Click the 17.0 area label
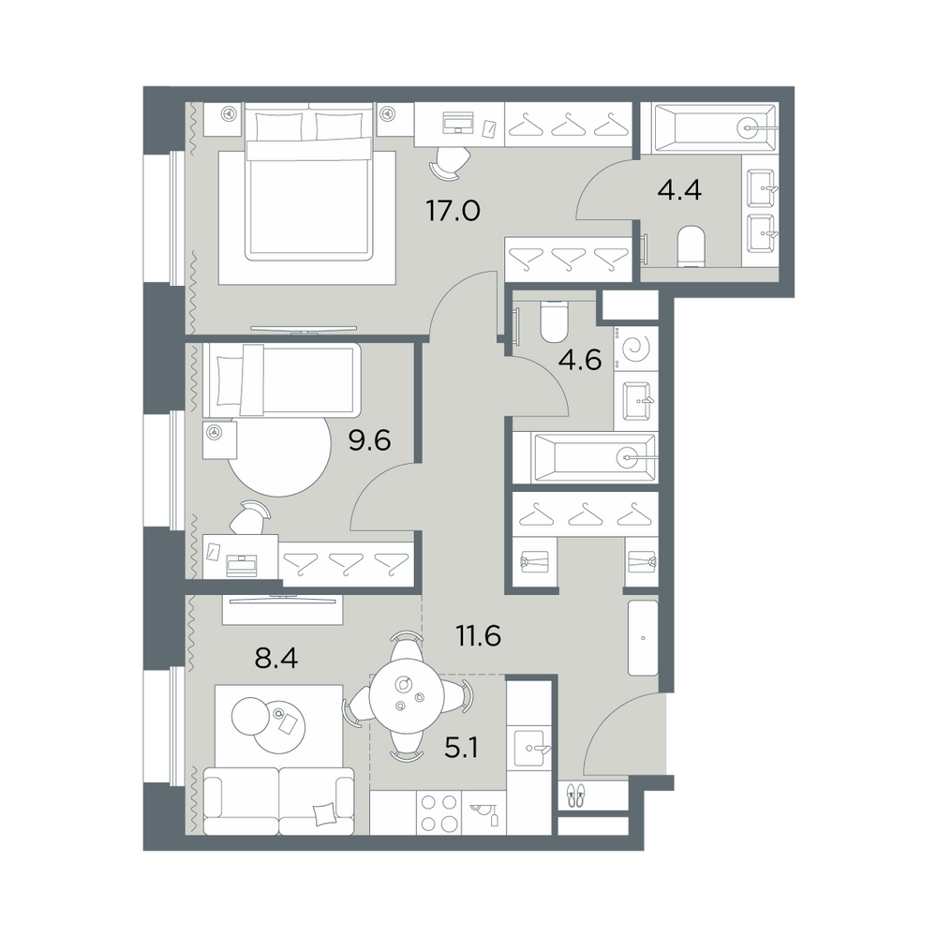pyautogui.click(x=453, y=211)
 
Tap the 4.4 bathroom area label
pyautogui.click(x=678, y=190)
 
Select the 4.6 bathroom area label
pyautogui.click(x=580, y=360)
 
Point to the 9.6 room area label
pyautogui.click(x=369, y=440)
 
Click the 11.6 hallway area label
pyautogui.click(x=478, y=636)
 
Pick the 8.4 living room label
pyautogui.click(x=276, y=659)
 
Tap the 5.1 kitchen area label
pyautogui.click(x=461, y=748)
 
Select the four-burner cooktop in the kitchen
pyautogui.click(x=438, y=813)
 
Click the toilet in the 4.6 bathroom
pyautogui.click(x=553, y=320)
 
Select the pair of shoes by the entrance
pyautogui.click(x=575, y=795)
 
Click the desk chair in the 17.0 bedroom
pyautogui.click(x=450, y=161)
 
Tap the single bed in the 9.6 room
pyautogui.click(x=281, y=379)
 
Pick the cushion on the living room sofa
pyautogui.click(x=325, y=813)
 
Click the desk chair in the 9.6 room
pyautogui.click(x=249, y=517)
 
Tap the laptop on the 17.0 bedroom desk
pyautogui.click(x=458, y=123)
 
